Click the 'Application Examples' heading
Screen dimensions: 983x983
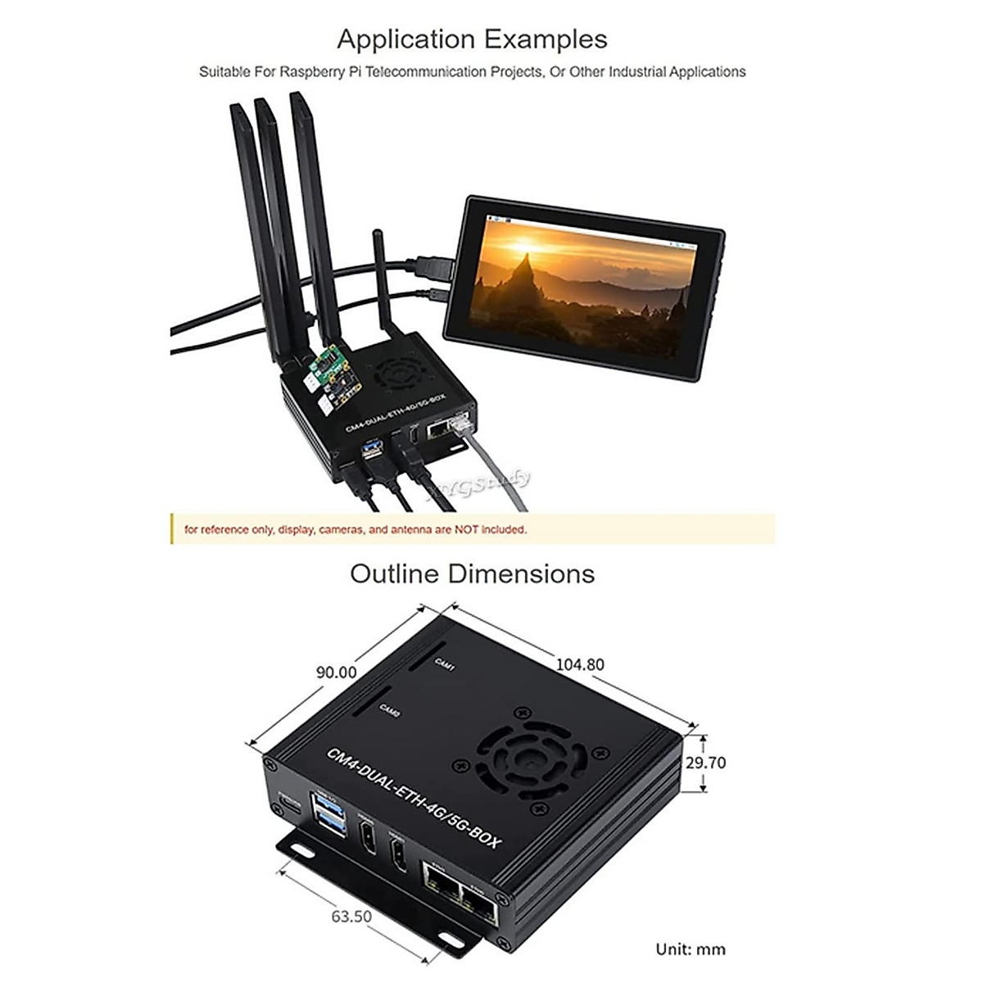[472, 39]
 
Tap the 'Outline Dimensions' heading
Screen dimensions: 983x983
[472, 573]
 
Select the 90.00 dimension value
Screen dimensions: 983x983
[336, 673]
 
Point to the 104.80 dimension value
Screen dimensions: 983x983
[580, 664]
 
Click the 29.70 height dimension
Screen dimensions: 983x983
[705, 763]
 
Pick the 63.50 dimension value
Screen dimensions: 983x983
[351, 916]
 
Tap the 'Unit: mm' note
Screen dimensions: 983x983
[691, 949]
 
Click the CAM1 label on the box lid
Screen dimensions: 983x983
[445, 664]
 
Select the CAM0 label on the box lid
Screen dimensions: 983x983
[389, 713]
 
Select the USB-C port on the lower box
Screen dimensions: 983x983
[289, 801]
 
